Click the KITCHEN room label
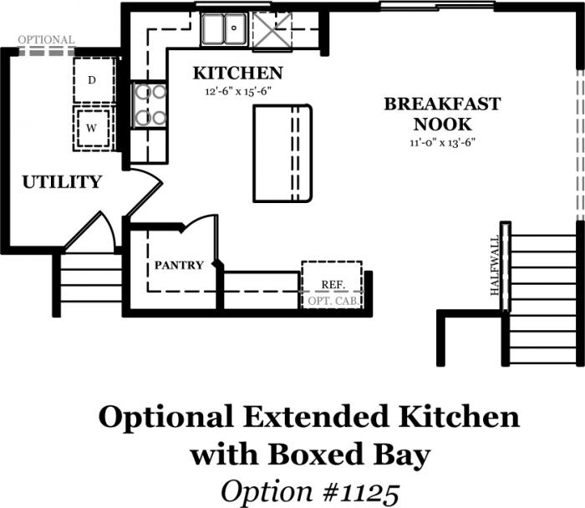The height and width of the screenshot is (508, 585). pos(237,73)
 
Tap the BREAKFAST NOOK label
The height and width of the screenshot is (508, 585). pos(442,114)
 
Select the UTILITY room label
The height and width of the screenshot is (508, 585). pos(62,182)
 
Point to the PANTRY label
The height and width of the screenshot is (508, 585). pos(179,265)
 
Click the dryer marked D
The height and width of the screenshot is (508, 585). pos(94,80)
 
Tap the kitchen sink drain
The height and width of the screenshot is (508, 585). pos(234,28)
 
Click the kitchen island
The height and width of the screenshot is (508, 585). pos(282,153)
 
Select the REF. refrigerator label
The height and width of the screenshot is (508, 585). pos(333,285)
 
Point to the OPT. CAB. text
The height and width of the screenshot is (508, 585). pos(333,301)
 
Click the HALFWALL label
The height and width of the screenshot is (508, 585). pos(495,266)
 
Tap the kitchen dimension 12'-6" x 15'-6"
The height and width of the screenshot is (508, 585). pos(237,91)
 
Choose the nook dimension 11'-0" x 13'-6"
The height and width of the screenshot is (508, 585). pos(442,143)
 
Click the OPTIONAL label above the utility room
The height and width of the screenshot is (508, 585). pos(46,39)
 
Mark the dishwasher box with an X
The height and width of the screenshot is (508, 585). pos(272,31)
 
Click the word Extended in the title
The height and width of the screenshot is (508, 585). pos(317,417)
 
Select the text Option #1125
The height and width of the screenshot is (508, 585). pos(310,491)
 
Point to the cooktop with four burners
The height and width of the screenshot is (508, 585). pos(150,104)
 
